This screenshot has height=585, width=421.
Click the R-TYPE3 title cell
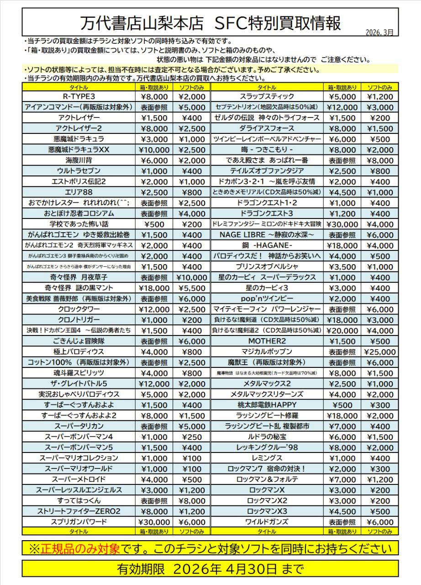[x=79, y=96]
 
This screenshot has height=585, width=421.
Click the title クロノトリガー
[x=79, y=320]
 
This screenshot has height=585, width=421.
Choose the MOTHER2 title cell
[x=267, y=341]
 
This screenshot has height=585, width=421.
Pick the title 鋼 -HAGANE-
[x=267, y=245]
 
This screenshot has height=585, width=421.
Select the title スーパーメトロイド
[x=79, y=479]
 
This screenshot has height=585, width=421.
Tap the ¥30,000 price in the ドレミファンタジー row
[x=343, y=224]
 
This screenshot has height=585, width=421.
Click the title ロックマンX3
[x=267, y=511]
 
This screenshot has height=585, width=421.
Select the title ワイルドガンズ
[x=267, y=522]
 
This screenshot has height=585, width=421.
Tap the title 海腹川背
[x=79, y=160]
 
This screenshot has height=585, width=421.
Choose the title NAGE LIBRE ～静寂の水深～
[x=267, y=235]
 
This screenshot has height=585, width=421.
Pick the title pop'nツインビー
[x=267, y=299]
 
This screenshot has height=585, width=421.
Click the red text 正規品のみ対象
[x=81, y=548]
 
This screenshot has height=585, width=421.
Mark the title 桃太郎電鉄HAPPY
[x=267, y=405]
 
